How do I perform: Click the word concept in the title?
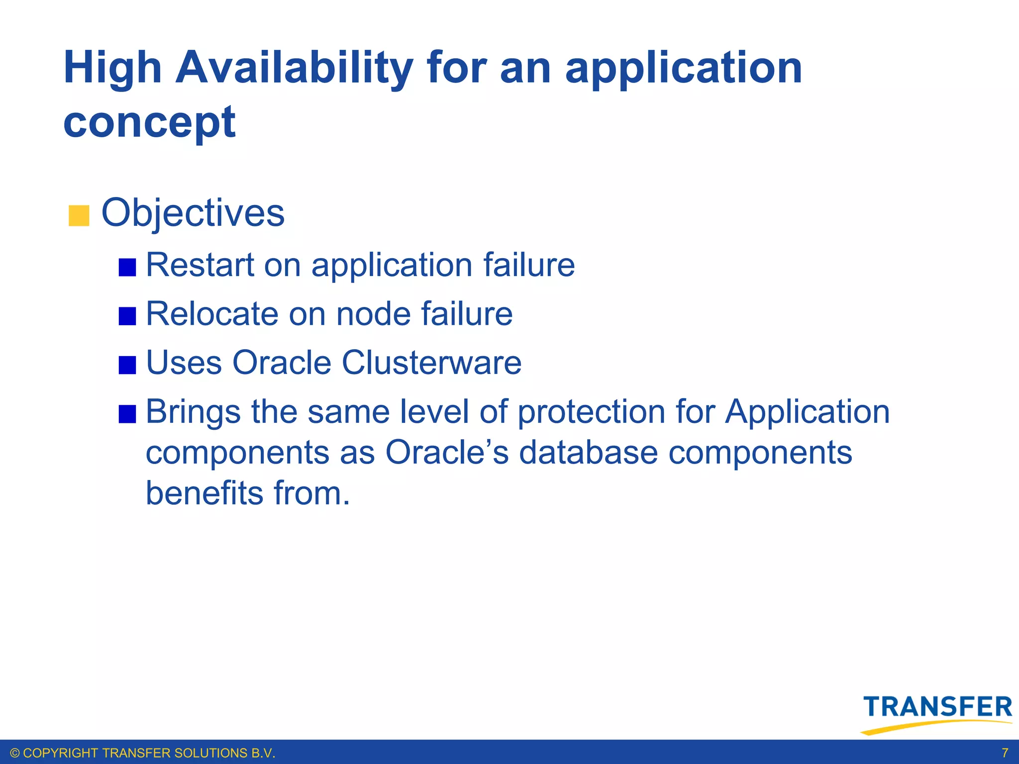(149, 122)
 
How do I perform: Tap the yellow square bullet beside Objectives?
(79, 216)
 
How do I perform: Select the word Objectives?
(193, 213)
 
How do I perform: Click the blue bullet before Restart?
(127, 267)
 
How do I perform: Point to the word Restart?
(200, 265)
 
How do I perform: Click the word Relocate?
(212, 314)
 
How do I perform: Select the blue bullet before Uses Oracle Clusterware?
(127, 365)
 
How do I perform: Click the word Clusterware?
(431, 363)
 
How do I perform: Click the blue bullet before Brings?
(127, 414)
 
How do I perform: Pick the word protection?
(591, 412)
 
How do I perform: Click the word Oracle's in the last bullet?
(447, 453)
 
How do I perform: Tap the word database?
(588, 453)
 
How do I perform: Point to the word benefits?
(204, 493)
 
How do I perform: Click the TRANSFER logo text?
(937, 707)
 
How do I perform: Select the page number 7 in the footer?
(1005, 753)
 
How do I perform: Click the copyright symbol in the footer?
(15, 753)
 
